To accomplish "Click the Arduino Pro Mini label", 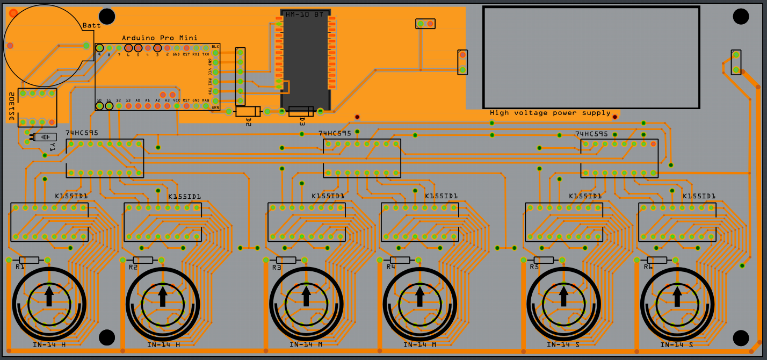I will click(160, 38).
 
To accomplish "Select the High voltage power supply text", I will click(550, 113).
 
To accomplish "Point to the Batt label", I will click(91, 26).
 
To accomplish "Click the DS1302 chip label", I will click(11, 106).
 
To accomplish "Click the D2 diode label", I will click(248, 121).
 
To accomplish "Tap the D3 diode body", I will click(301, 111).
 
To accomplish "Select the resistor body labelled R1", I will click(28, 260).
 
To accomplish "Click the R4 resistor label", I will click(390, 267).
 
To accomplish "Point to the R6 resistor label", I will click(648, 267).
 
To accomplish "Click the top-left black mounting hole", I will click(107, 17).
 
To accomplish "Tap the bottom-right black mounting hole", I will click(741, 338).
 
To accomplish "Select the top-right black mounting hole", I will click(741, 17).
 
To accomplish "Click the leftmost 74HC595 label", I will click(82, 133).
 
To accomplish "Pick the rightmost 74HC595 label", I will click(591, 134).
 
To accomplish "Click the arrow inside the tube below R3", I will click(306, 296).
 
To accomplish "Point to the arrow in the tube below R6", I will click(677, 296).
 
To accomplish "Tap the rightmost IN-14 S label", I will click(677, 345).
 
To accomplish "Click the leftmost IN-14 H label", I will click(49, 345).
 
